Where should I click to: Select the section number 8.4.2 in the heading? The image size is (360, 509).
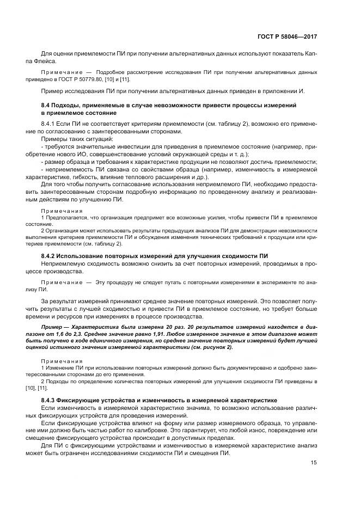pos(50,256)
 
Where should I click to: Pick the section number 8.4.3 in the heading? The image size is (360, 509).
pos(50,399)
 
